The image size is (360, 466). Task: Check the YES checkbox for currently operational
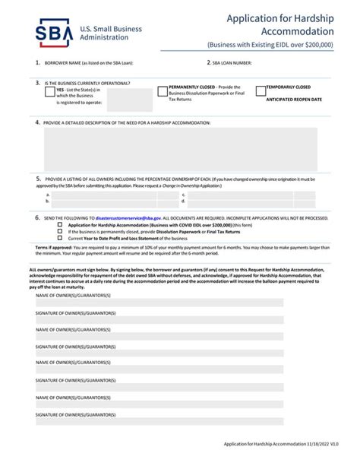click(x=49, y=91)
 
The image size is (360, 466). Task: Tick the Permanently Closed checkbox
click(x=163, y=91)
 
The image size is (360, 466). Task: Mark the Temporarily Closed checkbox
click(x=261, y=91)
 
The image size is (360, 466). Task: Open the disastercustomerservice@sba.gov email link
click(x=128, y=217)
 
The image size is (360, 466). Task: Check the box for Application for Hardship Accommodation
click(x=62, y=225)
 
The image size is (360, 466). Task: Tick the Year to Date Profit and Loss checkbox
click(x=62, y=238)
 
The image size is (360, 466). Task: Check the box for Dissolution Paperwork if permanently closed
click(x=62, y=231)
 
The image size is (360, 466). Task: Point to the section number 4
click(x=38, y=122)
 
